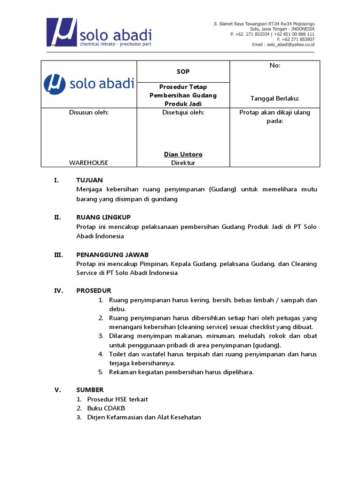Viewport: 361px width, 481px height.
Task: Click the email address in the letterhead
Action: click(x=290, y=44)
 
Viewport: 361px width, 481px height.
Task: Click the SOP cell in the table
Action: click(x=183, y=71)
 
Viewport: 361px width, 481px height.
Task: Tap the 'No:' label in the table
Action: click(x=275, y=66)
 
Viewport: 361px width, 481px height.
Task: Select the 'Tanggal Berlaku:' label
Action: click(x=275, y=98)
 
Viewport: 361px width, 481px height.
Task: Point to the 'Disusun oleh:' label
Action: click(x=89, y=112)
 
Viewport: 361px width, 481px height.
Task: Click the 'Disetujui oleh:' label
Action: click(x=183, y=112)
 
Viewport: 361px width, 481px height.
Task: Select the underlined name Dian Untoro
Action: click(x=183, y=154)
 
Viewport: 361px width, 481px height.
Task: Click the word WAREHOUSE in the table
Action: click(x=88, y=163)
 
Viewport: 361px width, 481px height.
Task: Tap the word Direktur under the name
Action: click(x=183, y=163)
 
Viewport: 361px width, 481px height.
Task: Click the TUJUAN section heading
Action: click(x=89, y=180)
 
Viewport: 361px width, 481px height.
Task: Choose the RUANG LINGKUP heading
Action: click(x=103, y=217)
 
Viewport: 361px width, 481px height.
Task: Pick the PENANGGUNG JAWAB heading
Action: click(x=112, y=255)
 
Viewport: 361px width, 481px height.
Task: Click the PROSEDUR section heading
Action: click(x=94, y=290)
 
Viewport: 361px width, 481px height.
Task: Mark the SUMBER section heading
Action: click(x=90, y=390)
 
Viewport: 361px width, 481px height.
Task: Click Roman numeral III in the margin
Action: click(x=59, y=255)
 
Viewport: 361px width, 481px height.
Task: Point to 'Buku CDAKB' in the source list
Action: click(x=106, y=408)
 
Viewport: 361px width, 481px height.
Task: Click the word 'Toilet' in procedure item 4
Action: click(x=118, y=354)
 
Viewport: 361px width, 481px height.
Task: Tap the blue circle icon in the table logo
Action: click(x=55, y=85)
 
